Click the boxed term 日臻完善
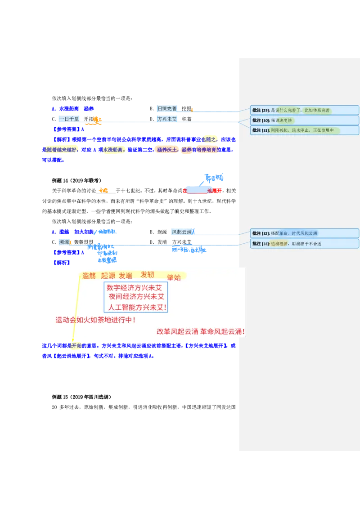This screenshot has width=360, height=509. (x=166, y=109)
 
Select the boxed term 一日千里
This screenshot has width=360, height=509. (x=69, y=119)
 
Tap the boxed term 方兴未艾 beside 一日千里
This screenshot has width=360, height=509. (x=166, y=119)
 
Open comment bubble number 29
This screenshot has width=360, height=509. (x=305, y=110)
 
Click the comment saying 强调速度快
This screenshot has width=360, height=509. (x=305, y=120)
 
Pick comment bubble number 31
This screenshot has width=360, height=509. (x=305, y=130)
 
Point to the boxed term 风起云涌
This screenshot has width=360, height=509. (x=182, y=232)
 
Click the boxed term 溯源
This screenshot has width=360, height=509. (x=64, y=242)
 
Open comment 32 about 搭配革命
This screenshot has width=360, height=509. (x=305, y=233)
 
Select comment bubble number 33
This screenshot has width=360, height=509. (x=305, y=244)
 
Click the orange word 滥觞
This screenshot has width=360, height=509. (x=89, y=276)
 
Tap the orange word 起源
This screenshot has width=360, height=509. (x=108, y=276)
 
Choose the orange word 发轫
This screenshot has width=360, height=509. (x=147, y=275)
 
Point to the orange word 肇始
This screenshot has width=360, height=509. (x=174, y=277)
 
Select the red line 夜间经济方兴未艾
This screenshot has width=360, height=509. (x=136, y=297)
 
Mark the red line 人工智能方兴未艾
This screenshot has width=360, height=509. (x=136, y=308)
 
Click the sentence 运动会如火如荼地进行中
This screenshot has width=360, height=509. (x=95, y=320)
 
